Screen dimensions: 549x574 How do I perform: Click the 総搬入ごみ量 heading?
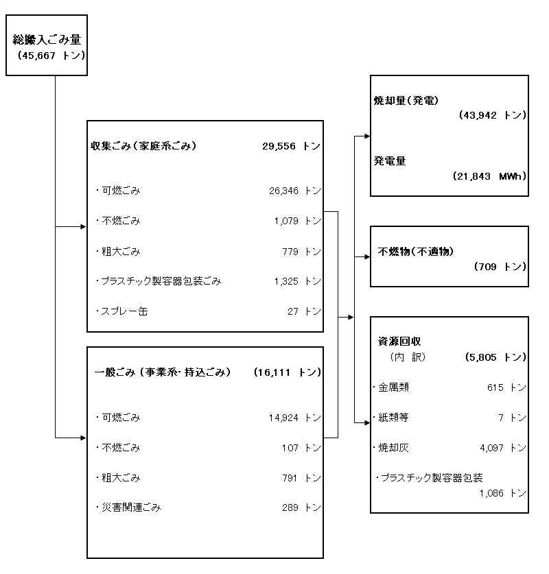click(47, 39)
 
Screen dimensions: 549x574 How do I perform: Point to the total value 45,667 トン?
click(51, 56)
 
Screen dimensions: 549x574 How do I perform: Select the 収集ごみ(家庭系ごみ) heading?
click(143, 145)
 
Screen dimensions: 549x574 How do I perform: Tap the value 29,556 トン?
click(291, 146)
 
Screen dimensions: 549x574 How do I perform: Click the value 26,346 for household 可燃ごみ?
click(284, 191)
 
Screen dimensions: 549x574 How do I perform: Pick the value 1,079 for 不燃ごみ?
click(286, 221)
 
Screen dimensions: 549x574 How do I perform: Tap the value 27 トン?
click(304, 311)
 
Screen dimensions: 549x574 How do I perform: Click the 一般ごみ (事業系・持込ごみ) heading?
click(163, 372)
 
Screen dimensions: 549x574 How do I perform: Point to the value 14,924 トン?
click(295, 418)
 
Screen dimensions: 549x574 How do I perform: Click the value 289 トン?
click(302, 507)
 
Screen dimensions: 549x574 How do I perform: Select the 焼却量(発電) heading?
click(406, 100)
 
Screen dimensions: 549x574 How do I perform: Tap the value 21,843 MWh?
click(490, 176)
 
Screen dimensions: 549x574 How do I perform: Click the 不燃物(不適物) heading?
click(416, 251)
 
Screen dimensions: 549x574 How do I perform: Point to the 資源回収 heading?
click(399, 342)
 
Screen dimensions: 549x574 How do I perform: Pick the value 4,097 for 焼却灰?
click(491, 448)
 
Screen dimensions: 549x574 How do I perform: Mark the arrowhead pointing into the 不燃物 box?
click(367, 257)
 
